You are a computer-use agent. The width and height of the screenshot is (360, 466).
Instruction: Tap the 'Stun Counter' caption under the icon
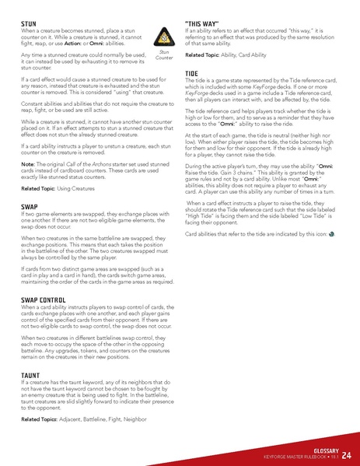point(164,55)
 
